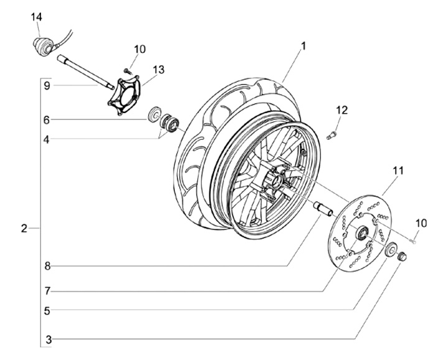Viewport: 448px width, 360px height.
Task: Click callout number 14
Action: pos(35,16)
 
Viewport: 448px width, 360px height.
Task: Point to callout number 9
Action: pos(46,86)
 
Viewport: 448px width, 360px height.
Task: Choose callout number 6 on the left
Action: pos(46,119)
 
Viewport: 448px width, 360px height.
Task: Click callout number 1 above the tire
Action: pos(303,45)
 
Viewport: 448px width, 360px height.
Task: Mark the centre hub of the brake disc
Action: pos(360,233)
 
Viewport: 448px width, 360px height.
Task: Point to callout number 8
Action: pos(46,267)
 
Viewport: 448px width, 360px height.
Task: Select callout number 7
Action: pos(46,290)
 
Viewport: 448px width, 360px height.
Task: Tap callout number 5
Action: pos(46,309)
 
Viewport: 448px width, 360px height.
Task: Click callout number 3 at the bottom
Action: pos(46,340)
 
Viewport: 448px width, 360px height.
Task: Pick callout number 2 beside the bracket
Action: pos(24,229)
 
